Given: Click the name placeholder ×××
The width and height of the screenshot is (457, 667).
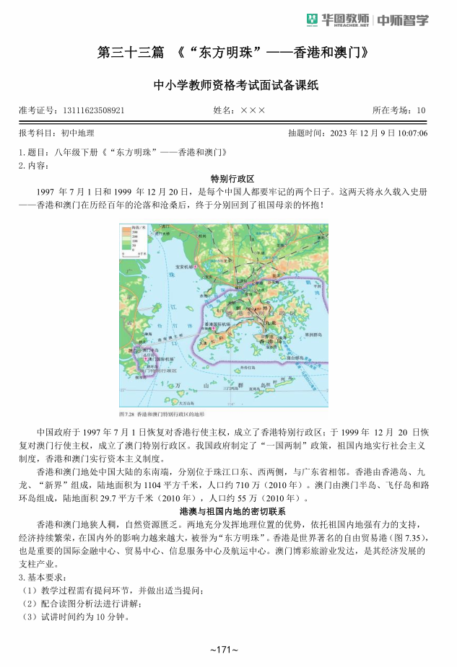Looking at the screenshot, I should (x=253, y=110).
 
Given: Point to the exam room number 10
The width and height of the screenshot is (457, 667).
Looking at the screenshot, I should (x=421, y=110).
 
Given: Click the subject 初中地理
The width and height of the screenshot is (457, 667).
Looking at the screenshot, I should (x=76, y=133).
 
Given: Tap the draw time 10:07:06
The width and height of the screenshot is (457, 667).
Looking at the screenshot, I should (x=412, y=133).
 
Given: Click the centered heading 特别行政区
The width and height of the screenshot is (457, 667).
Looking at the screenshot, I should (x=228, y=178).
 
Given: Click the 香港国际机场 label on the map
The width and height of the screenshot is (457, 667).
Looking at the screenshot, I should (x=219, y=326).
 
